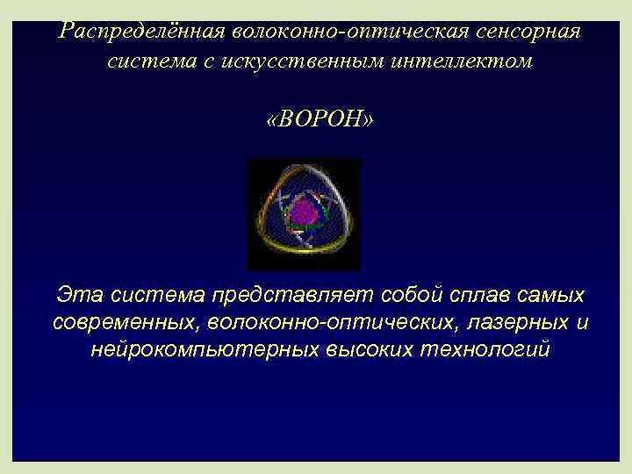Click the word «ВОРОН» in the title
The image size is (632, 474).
319,118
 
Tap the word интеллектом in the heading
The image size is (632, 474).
470,62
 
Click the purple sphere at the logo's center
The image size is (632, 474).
304,213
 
